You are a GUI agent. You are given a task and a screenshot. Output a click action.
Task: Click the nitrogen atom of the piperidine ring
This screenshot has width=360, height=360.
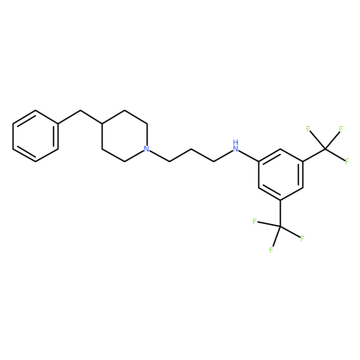pyautogui.click(x=146, y=148)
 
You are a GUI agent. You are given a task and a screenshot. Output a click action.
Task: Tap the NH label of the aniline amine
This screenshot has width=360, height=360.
pyautogui.click(x=236, y=146)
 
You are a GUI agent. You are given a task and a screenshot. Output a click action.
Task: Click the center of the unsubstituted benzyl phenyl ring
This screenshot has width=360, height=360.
pyautogui.click(x=35, y=136)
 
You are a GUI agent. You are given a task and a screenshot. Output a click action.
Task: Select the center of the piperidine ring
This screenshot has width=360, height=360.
pyautogui.click(x=124, y=136)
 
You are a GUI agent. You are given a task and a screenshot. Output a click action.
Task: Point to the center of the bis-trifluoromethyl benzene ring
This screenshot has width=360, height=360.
pyautogui.click(x=281, y=175)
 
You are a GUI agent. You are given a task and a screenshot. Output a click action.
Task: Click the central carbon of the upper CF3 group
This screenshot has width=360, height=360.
pyautogui.click(x=325, y=149)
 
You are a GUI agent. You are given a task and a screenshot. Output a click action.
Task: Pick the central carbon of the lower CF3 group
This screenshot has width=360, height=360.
pyautogui.click(x=281, y=227)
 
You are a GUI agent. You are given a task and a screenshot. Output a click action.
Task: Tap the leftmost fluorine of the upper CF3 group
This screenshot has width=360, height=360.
pyautogui.click(x=308, y=130)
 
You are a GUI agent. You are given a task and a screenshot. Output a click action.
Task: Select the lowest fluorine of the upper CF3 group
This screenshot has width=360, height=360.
pyautogui.click(x=346, y=162)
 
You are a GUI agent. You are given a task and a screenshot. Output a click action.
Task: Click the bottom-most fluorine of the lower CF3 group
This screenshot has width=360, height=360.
pyautogui.click(x=271, y=250)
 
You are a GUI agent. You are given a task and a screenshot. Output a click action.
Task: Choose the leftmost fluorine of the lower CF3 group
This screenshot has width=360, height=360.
pyautogui.click(x=255, y=221)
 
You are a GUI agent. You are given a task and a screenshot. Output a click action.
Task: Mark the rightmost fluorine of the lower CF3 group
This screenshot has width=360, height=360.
pyautogui.click(x=302, y=239)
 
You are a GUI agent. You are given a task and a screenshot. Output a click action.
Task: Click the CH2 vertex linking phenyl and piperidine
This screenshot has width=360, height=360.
pyautogui.click(x=80, y=111)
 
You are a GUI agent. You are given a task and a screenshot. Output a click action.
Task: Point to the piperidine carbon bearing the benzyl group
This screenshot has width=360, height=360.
pyautogui.click(x=103, y=123)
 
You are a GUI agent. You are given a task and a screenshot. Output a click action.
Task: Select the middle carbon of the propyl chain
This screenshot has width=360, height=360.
pyautogui.click(x=192, y=149)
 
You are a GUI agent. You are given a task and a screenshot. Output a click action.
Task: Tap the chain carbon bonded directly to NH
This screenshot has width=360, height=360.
pyautogui.click(x=213, y=162)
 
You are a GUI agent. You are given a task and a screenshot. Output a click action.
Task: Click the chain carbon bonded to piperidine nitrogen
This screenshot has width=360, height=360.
pyautogui.click(x=169, y=162)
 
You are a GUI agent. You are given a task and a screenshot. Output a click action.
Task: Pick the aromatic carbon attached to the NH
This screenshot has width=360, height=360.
pyautogui.click(x=258, y=162)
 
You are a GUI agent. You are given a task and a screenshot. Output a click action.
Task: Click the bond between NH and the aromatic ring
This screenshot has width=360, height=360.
pyautogui.click(x=249, y=157)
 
